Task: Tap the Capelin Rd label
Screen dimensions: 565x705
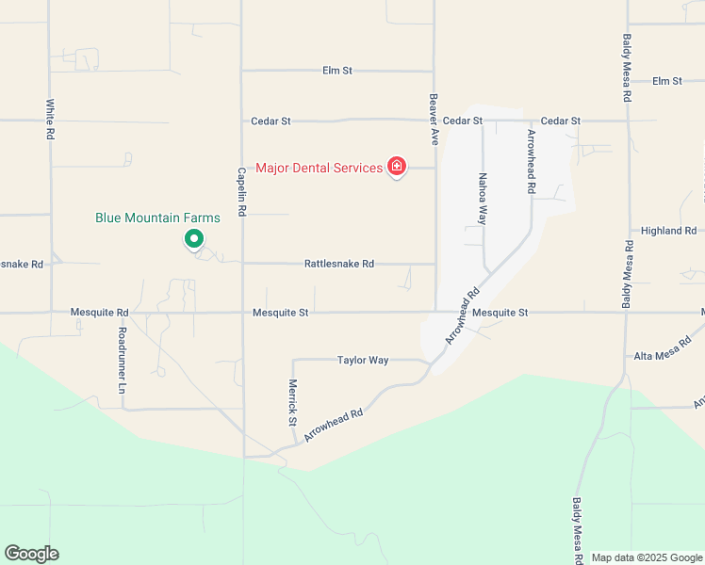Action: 242,192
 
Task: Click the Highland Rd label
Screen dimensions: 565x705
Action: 667,231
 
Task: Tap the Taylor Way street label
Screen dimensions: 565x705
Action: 363,360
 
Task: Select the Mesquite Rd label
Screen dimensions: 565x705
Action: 99,312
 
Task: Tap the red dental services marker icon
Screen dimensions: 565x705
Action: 397,168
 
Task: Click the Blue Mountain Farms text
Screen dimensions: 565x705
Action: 157,218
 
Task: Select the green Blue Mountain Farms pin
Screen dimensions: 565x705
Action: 193,239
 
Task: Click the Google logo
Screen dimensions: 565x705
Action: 31,554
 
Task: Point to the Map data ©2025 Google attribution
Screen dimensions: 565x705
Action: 647,557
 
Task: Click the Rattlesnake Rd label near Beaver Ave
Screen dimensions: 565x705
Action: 339,264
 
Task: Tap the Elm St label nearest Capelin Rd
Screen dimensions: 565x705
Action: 336,71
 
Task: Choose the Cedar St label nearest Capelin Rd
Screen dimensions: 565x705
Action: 271,121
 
